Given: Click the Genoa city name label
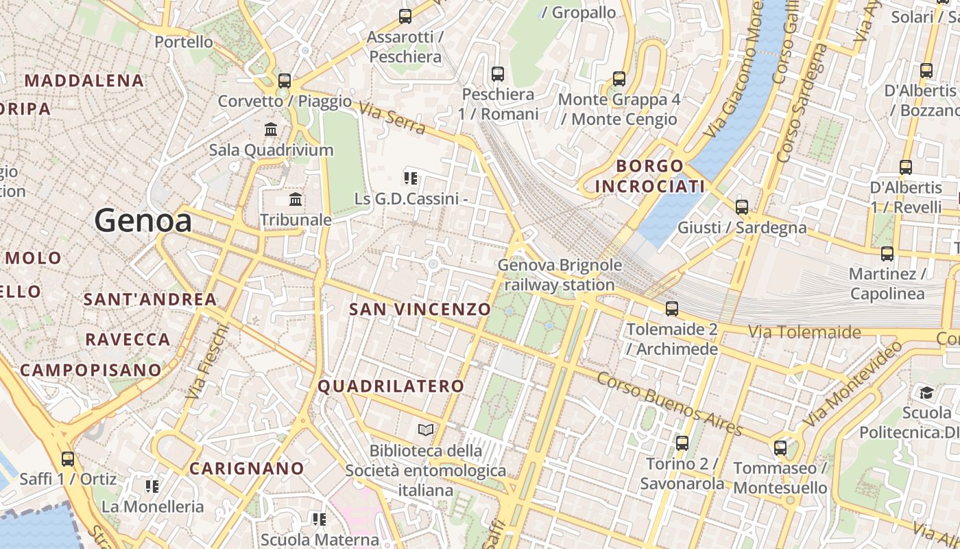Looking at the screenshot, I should [143, 221].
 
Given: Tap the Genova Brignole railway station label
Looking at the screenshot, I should [560, 274].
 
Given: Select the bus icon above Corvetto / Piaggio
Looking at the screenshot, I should [285, 81].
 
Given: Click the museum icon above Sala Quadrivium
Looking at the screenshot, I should [271, 129].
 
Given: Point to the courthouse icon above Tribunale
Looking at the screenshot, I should [296, 200].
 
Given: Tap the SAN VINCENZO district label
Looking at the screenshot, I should [420, 309].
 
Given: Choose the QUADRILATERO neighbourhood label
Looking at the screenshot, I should [391, 386].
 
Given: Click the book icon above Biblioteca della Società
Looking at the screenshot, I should [426, 430].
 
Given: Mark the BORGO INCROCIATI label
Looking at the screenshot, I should [649, 176].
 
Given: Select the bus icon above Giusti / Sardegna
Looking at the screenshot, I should [741, 207].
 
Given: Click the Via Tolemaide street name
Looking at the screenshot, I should [804, 333].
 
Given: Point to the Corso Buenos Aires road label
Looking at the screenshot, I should [669, 404].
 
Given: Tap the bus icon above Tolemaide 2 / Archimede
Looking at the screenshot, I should [671, 309].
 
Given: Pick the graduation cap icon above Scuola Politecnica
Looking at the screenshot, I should [926, 393].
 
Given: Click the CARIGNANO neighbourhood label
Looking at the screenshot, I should [247, 469].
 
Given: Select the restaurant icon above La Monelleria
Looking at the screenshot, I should [152, 487].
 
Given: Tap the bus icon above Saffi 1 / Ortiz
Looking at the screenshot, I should [67, 458].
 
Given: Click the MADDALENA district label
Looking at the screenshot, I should [84, 81].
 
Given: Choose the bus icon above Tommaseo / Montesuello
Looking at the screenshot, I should [780, 448].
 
